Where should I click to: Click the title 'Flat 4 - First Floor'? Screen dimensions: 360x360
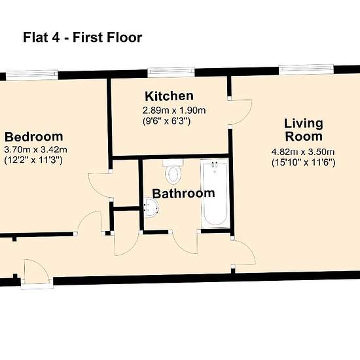(82, 37)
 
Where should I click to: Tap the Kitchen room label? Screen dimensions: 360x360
(170, 96)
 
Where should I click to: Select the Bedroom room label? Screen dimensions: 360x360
(34, 137)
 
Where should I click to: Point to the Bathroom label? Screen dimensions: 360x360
(184, 194)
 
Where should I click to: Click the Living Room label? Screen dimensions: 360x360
(304, 130)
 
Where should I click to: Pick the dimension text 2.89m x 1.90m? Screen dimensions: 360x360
(174, 111)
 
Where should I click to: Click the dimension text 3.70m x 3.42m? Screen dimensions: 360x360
(35, 150)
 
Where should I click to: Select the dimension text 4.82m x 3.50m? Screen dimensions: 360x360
(303, 152)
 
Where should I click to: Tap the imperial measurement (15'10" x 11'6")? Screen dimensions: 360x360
(304, 162)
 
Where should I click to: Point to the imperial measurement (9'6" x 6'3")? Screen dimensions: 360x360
(167, 121)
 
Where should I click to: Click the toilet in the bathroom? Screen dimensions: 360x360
(173, 171)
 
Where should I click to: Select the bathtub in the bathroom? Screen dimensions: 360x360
(215, 194)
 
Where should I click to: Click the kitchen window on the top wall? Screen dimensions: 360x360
(171, 72)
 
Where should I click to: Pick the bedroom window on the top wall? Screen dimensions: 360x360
(32, 75)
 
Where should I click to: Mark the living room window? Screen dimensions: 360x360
(306, 69)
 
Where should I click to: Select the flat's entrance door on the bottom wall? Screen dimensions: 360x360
(37, 274)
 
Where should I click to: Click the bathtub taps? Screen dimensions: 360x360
(215, 166)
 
